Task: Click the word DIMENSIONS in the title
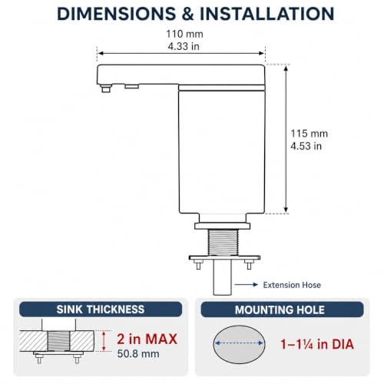(117, 14)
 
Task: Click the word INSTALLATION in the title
(266, 14)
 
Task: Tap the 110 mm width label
(184, 34)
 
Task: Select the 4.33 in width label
(184, 46)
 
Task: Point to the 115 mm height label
(309, 134)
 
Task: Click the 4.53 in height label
(306, 146)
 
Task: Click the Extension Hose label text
(292, 285)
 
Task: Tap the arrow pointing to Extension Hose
(246, 284)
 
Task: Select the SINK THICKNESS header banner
(101, 310)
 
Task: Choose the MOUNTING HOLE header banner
(282, 310)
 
